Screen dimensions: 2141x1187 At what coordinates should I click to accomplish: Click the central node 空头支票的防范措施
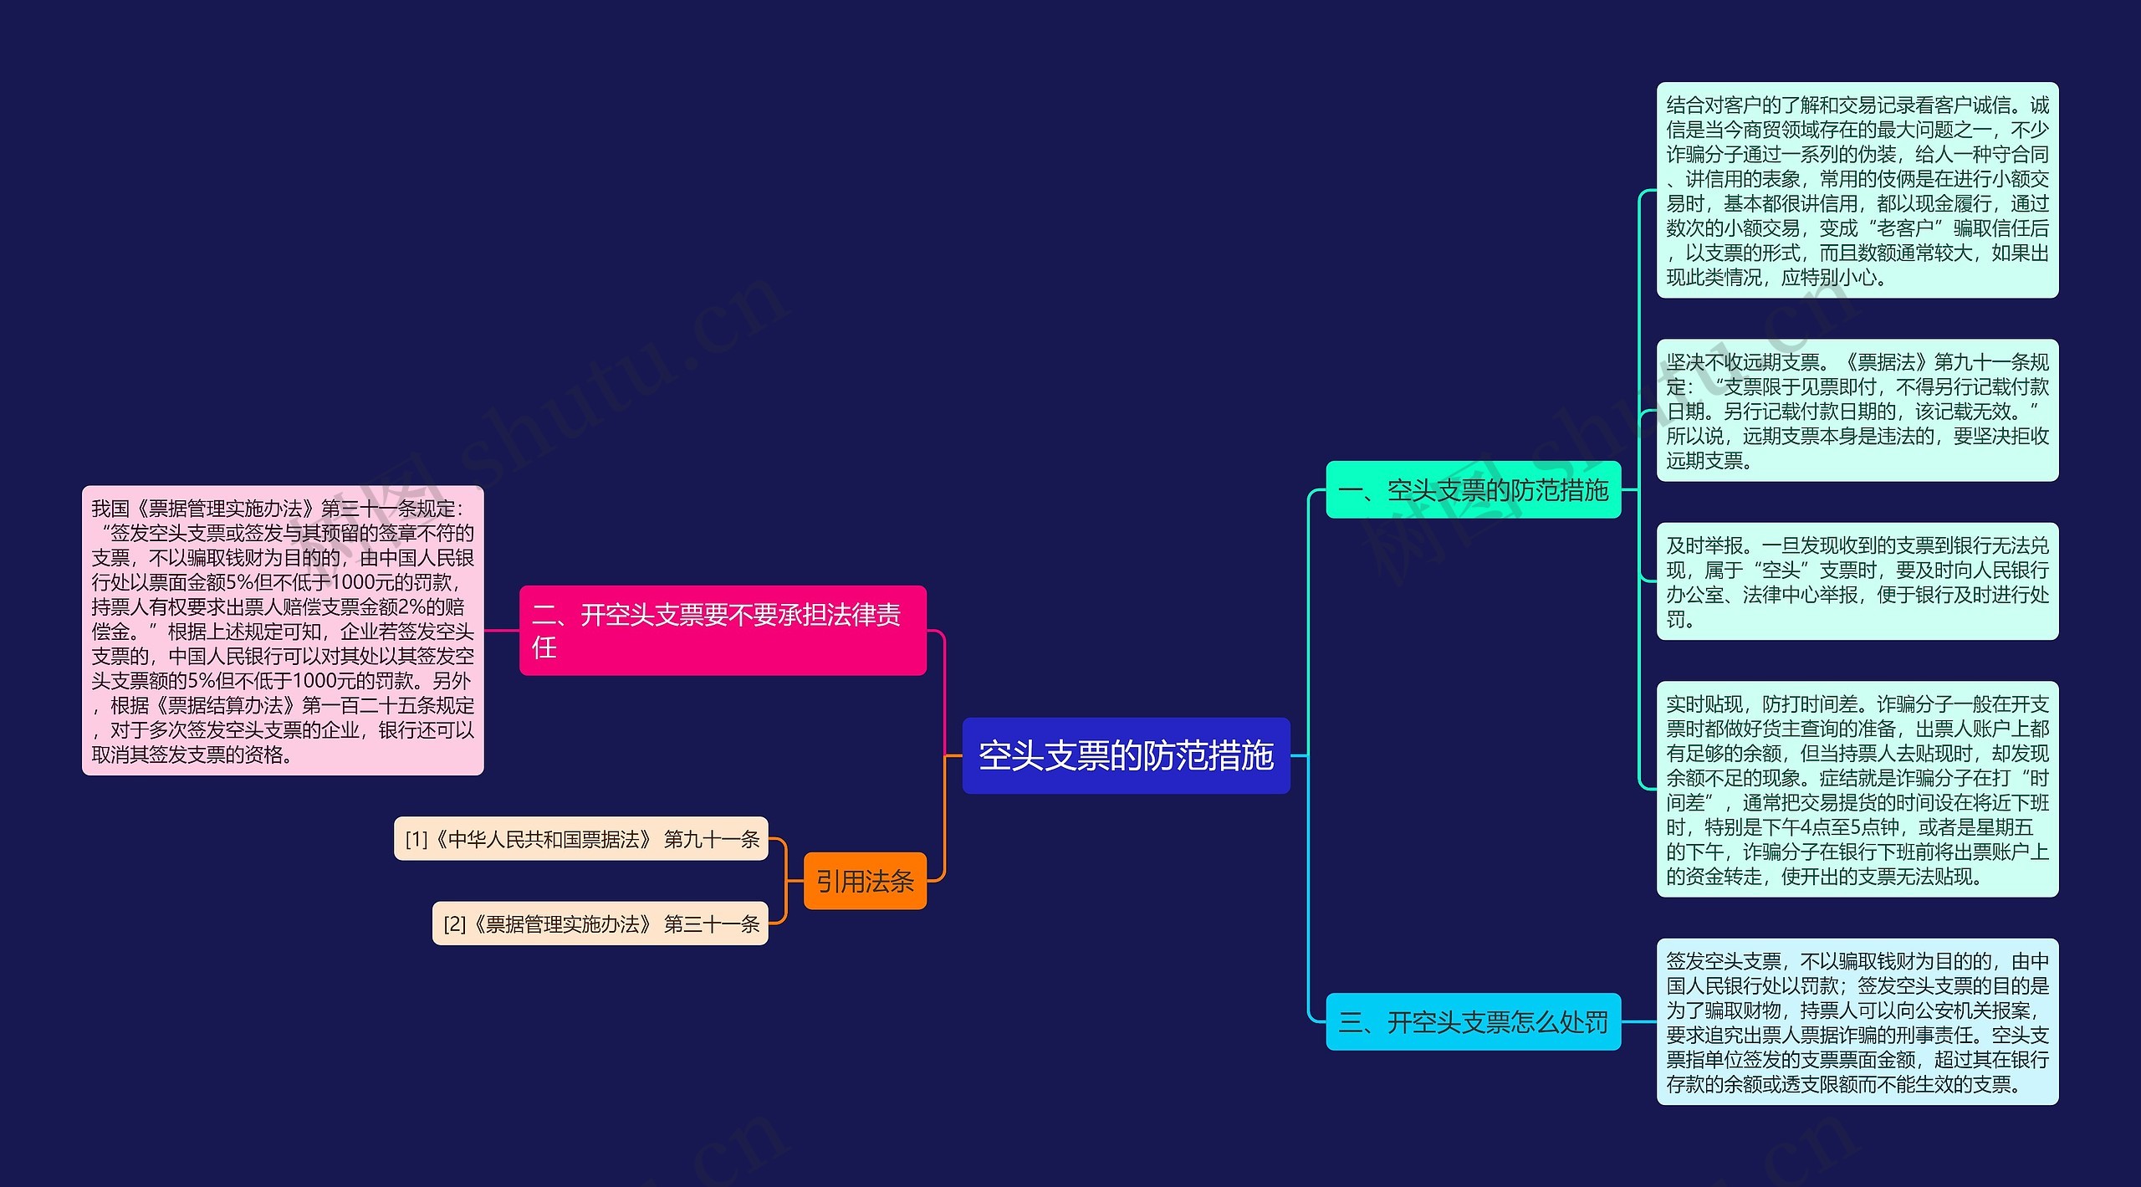click(x=1126, y=755)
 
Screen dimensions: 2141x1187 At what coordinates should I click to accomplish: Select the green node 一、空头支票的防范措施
click(x=1473, y=489)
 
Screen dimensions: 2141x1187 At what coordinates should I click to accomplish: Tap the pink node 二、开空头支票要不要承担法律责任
click(x=723, y=630)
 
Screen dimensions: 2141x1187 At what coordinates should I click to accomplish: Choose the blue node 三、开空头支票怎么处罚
click(x=1473, y=1021)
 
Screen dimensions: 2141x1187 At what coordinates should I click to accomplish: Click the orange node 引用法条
click(x=865, y=881)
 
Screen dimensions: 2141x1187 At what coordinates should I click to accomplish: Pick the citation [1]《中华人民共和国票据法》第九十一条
click(x=581, y=839)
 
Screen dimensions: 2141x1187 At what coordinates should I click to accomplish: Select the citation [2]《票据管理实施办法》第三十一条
click(x=600, y=924)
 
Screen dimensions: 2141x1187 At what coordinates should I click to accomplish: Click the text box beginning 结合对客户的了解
click(x=1857, y=190)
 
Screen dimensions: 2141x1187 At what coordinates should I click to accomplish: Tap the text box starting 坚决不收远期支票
click(x=1857, y=411)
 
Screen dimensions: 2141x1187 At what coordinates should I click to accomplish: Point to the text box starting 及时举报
click(x=1857, y=581)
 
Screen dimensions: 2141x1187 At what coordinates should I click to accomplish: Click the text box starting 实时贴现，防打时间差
click(x=1857, y=789)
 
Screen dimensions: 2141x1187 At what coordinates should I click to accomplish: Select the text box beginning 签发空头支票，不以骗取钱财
click(x=1857, y=1021)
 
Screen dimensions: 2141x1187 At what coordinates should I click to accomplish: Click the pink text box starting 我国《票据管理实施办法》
click(x=283, y=630)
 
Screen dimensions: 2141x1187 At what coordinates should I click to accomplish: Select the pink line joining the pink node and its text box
click(x=502, y=630)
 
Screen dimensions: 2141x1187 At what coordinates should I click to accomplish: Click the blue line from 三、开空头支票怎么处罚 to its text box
click(x=1639, y=1021)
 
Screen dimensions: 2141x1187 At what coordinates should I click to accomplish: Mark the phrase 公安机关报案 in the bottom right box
click(x=1973, y=1010)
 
